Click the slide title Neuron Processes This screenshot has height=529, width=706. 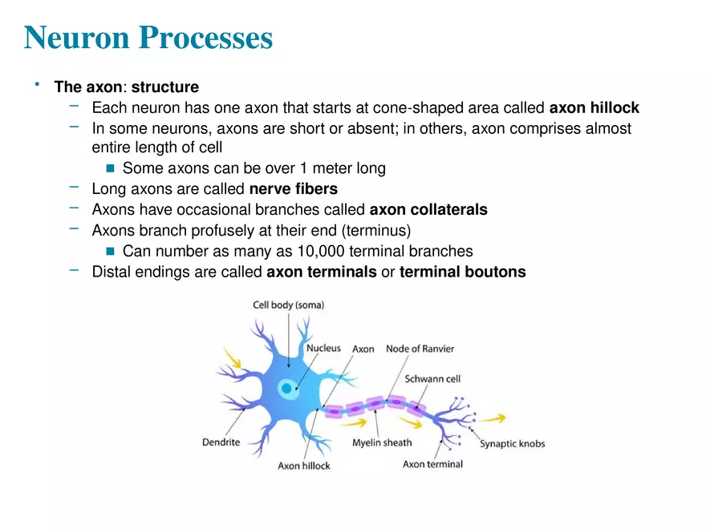tap(148, 38)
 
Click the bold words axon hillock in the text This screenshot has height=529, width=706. tap(594, 107)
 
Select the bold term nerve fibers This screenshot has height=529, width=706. tap(294, 189)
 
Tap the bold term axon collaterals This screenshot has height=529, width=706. tap(428, 210)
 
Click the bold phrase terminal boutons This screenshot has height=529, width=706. tap(463, 272)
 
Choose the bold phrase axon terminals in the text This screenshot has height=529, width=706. tap(321, 272)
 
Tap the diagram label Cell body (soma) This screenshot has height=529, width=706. tap(289, 305)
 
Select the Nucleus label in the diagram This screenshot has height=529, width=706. tap(323, 349)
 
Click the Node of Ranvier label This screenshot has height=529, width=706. tap(420, 349)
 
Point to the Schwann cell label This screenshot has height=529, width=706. tap(432, 379)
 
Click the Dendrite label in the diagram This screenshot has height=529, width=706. tap(221, 442)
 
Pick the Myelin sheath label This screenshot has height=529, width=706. tap(382, 442)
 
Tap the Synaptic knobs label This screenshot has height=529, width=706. tap(512, 444)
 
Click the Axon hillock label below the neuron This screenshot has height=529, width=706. tap(304, 466)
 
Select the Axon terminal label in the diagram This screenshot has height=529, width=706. tap(432, 464)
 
